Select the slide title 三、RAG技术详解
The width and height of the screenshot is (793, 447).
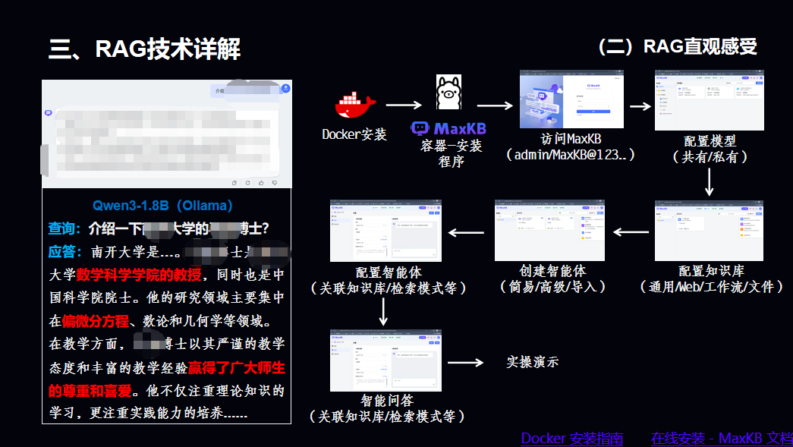tap(145, 49)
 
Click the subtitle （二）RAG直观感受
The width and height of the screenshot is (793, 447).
tap(677, 47)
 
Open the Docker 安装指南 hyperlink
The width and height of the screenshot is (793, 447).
tap(571, 438)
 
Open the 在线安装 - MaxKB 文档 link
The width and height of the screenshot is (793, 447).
tap(721, 438)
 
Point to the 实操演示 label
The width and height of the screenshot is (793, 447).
tap(532, 362)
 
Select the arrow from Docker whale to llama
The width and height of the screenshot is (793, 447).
tap(403, 106)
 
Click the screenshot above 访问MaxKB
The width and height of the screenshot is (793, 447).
tap(571, 99)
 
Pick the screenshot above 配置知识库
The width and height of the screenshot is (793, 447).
tap(709, 231)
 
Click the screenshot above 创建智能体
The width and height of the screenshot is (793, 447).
tap(549, 231)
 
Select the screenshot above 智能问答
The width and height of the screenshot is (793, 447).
tap(385, 360)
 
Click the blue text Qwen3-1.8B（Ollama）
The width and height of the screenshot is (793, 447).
tap(162, 206)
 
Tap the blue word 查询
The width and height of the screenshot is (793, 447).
tap(65, 228)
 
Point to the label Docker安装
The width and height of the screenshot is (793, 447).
tap(354, 135)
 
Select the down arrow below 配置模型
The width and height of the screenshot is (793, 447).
tap(709, 181)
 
